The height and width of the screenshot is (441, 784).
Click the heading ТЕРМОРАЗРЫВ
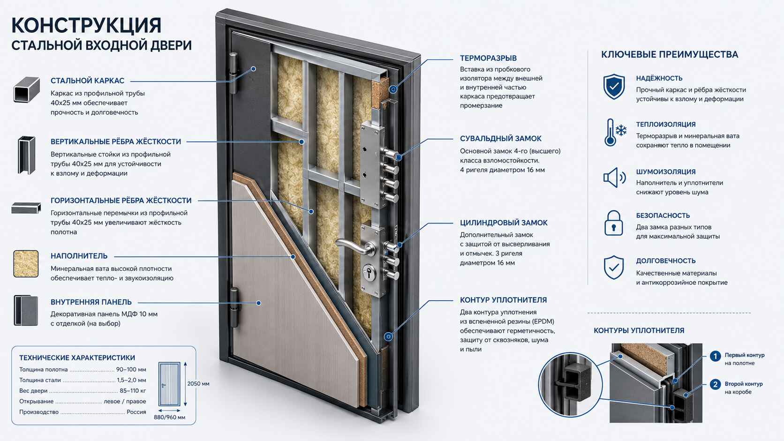(488, 58)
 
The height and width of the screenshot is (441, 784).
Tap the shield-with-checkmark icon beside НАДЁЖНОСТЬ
(614, 86)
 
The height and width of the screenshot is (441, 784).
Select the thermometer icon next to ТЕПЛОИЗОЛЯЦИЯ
(610, 132)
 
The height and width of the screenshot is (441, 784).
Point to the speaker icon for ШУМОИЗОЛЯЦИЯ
(614, 178)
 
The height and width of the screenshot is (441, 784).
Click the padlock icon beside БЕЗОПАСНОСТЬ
(613, 223)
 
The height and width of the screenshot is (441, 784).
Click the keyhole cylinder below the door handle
(369, 272)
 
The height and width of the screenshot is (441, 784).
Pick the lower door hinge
(234, 307)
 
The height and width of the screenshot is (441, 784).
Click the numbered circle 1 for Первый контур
(715, 356)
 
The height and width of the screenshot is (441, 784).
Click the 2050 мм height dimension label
(198, 384)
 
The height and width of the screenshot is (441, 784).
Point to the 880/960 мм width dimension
(169, 417)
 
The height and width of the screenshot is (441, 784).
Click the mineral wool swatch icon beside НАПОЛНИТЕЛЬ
(26, 264)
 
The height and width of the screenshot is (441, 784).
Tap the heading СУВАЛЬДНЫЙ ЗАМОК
(500, 139)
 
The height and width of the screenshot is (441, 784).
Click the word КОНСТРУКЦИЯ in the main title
(86, 25)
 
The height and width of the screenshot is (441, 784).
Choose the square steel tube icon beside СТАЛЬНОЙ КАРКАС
(26, 90)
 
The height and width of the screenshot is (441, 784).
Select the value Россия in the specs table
(136, 412)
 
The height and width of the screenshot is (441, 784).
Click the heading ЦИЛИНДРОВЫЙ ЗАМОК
(504, 223)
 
